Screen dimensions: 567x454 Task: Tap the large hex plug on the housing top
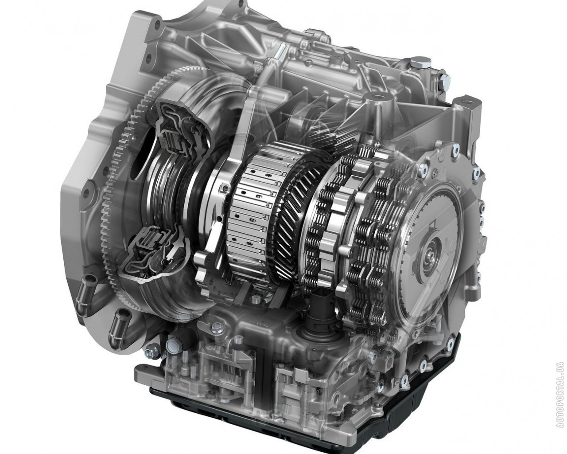[416, 64]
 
